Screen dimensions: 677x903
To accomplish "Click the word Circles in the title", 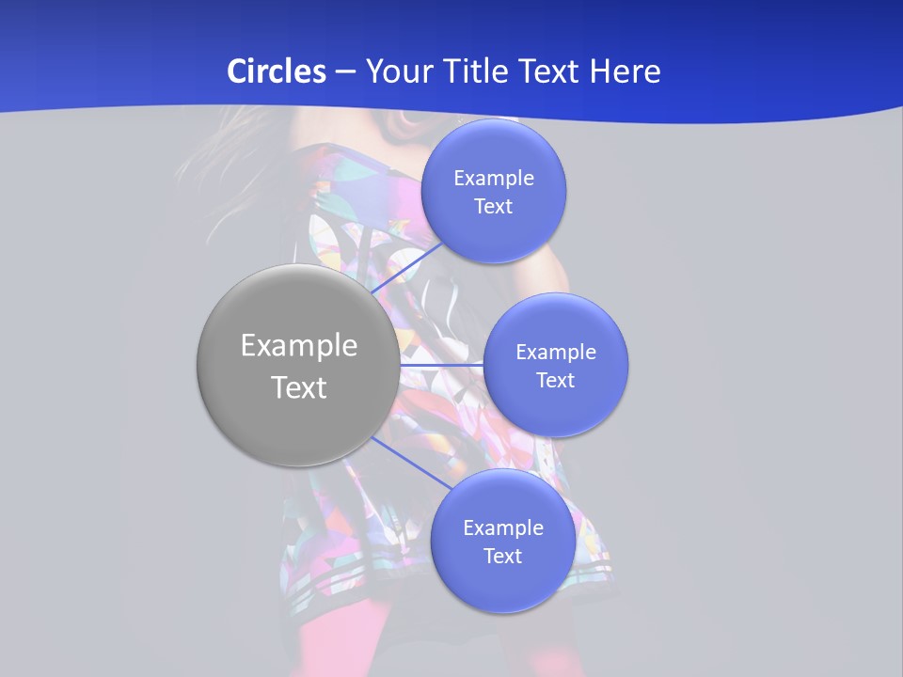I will coord(277,71).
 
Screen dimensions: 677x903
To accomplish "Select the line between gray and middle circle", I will coord(441,364).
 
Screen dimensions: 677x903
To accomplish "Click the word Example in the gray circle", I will coord(299,346).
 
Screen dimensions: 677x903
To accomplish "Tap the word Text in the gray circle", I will coord(299,387).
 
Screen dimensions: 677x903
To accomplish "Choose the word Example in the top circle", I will coord(494,178).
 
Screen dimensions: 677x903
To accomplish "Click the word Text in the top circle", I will coord(493,206).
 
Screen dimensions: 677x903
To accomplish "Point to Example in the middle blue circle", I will coord(556,352).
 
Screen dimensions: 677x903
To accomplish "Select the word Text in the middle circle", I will coord(555,380).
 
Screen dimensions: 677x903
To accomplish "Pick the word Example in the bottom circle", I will coord(503,527).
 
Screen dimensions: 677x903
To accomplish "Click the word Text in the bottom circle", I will coord(502,556).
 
